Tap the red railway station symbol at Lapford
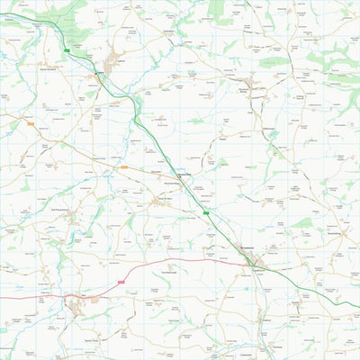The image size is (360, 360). [x=99, y=73]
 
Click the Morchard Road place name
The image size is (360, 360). [x=184, y=176]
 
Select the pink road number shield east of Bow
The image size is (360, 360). [x=120, y=282]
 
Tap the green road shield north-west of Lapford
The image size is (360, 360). [x=67, y=50]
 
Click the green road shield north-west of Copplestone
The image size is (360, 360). [x=205, y=213]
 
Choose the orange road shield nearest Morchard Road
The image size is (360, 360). [x=123, y=166]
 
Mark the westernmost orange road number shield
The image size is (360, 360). [x=30, y=123]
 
